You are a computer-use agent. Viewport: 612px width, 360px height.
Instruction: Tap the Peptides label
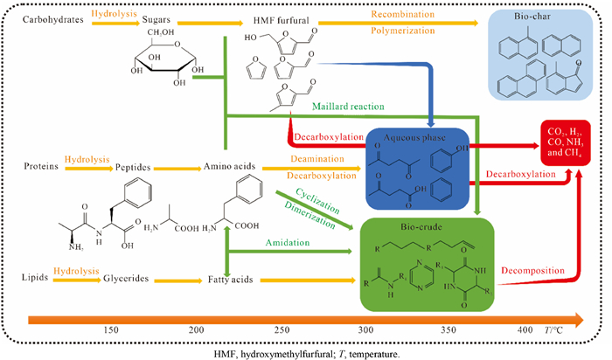144,165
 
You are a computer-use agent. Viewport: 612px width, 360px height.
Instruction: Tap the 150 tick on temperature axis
112,329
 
